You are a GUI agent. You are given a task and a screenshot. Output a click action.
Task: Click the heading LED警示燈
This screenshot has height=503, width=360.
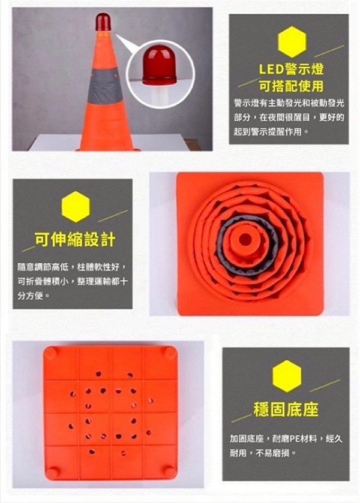coord(291,70)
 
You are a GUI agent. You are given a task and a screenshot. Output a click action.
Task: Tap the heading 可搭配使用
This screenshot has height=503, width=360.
coord(291,86)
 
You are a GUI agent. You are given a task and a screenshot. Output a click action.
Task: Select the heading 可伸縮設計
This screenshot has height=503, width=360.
coord(75,239)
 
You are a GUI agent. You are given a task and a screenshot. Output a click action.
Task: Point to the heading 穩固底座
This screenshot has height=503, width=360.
coord(286,409)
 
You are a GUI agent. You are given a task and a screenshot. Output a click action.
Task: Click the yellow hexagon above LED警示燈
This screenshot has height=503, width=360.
coord(292,42)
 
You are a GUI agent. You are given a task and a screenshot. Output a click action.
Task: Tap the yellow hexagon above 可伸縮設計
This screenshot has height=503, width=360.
coord(76,207)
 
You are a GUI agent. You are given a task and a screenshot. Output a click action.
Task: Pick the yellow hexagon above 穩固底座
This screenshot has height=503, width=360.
coord(287,376)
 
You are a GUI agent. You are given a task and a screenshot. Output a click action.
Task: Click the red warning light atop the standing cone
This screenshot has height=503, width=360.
coord(103,22)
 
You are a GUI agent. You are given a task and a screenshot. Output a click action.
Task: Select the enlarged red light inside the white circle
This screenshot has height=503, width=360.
coord(160,65)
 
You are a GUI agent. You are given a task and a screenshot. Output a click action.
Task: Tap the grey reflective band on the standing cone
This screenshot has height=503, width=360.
coord(104,86)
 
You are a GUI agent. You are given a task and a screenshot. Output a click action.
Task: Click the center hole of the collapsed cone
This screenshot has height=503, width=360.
coord(245,239)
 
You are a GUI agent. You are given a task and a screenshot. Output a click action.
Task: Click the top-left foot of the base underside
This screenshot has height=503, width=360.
coord(51,353)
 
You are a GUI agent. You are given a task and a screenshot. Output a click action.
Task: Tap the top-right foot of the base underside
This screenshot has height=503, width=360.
coord(170,353)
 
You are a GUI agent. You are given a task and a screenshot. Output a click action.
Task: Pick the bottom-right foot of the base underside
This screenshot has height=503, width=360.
coord(169,471)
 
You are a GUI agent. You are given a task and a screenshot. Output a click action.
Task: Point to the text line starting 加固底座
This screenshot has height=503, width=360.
coord(286,438)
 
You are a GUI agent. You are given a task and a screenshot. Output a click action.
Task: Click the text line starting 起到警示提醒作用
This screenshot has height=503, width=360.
coord(271,131)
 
